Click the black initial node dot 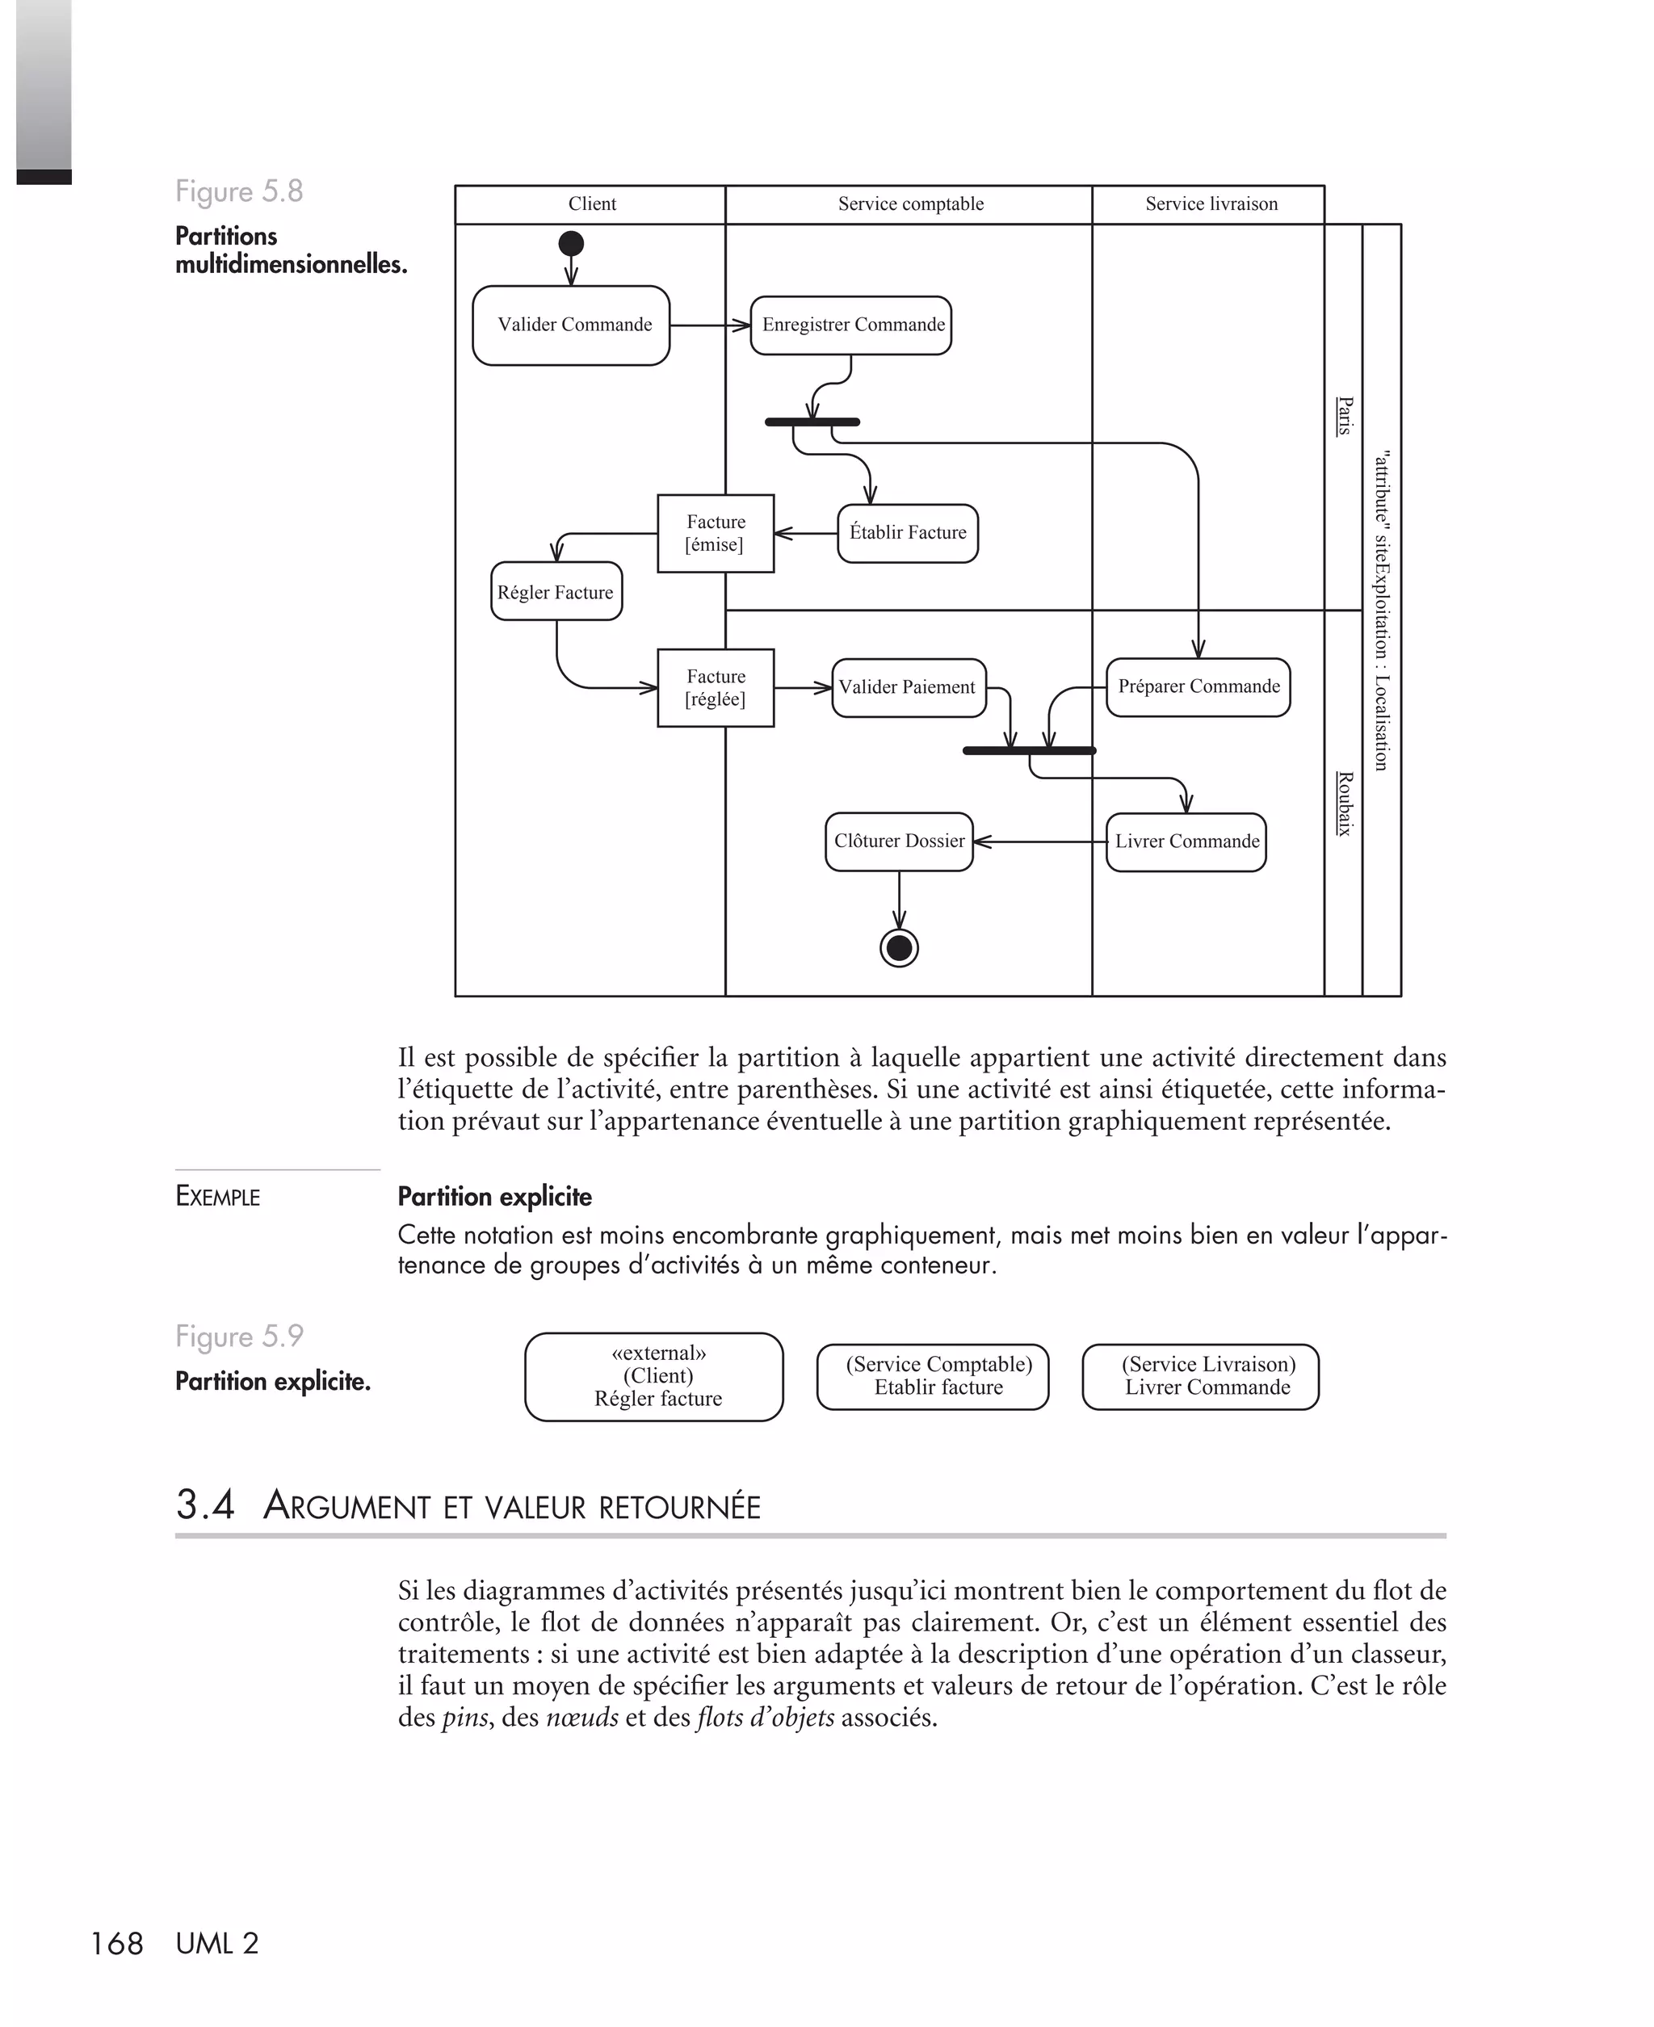point(571,244)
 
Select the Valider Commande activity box point(571,325)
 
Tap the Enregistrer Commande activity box point(850,325)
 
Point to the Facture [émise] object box point(716,534)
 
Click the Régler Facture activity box point(556,591)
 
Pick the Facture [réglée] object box point(716,688)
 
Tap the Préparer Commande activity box point(1198,686)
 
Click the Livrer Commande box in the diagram point(1186,842)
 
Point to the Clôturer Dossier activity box point(898,842)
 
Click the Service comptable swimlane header point(910,204)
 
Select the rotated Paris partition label point(1343,416)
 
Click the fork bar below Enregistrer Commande point(812,422)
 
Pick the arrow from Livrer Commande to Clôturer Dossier point(1039,842)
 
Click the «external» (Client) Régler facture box point(653,1376)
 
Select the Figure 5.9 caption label point(239,1336)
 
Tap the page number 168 point(116,1943)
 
